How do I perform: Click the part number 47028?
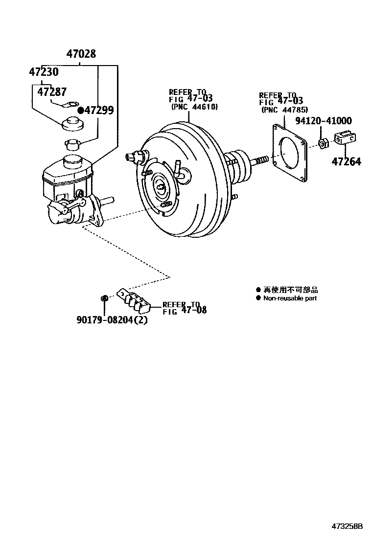coord(81,54)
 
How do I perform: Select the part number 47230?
coord(44,72)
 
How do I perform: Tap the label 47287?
coord(52,91)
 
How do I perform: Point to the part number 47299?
coord(99,111)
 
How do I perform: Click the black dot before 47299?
coord(81,111)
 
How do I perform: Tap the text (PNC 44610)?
coord(194,107)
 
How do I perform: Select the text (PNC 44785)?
coord(284,110)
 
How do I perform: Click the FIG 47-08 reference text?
coord(185,310)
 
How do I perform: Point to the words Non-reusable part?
coord(290,298)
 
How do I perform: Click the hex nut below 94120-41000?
coord(323,143)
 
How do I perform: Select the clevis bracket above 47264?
coord(347,140)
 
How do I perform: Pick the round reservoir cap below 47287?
coord(73,123)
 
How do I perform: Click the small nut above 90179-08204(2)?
coord(104,298)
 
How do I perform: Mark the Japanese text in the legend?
coord(291,290)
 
